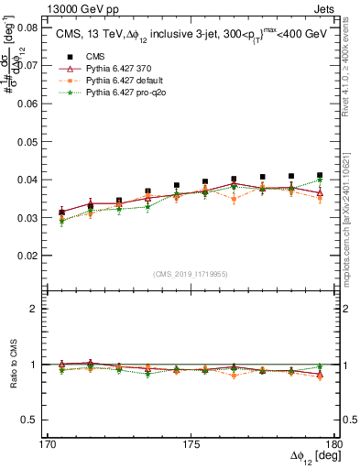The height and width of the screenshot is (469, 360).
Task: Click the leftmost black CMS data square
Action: pyautogui.click(x=61, y=213)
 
